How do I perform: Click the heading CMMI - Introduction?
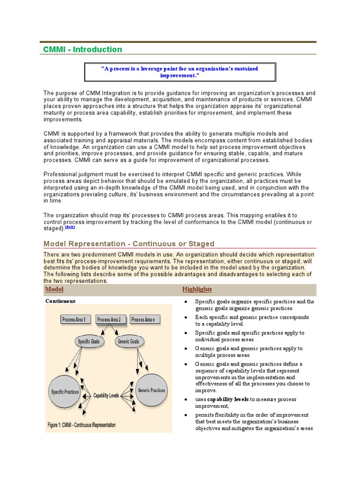pyautogui.click(x=82, y=50)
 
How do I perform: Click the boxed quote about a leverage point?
pyautogui.click(x=180, y=72)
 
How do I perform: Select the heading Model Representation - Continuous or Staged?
pyautogui.click(x=129, y=244)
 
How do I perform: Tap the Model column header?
pyautogui.click(x=54, y=289)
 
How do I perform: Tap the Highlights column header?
pyautogui.click(x=197, y=289)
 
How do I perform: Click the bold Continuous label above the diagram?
pyautogui.click(x=60, y=301)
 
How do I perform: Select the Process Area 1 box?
pyautogui.click(x=74, y=320)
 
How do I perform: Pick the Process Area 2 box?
pyautogui.click(x=109, y=320)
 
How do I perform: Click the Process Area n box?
pyautogui.click(x=143, y=320)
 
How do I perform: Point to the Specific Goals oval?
pyautogui.click(x=90, y=342)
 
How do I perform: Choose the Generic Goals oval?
pyautogui.click(x=128, y=342)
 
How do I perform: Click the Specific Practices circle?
pyautogui.click(x=65, y=391)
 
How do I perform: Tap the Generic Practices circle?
pyautogui.click(x=151, y=390)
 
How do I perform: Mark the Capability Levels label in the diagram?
pyautogui.click(x=106, y=396)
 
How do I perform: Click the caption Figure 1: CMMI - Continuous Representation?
pyautogui.click(x=82, y=425)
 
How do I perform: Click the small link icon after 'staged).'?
pyautogui.click(x=70, y=227)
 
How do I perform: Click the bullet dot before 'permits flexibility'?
pyautogui.click(x=186, y=415)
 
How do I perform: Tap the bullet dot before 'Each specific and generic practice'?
pyautogui.click(x=186, y=318)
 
